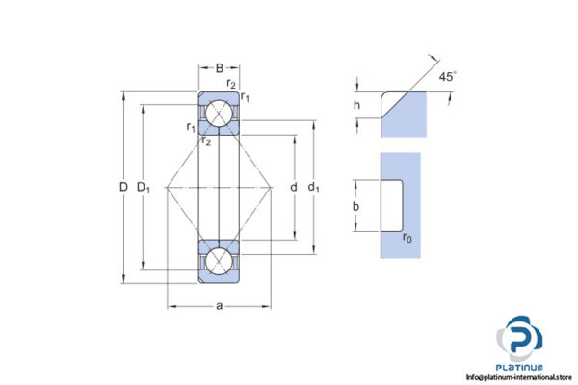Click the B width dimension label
(219, 68)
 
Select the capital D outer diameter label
(123, 186)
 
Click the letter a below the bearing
(219, 305)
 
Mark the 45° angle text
(447, 77)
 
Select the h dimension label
(357, 106)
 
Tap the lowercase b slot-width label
(356, 206)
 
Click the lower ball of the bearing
(219, 261)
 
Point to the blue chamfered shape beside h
(403, 111)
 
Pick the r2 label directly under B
(220, 84)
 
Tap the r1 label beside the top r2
(246, 97)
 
